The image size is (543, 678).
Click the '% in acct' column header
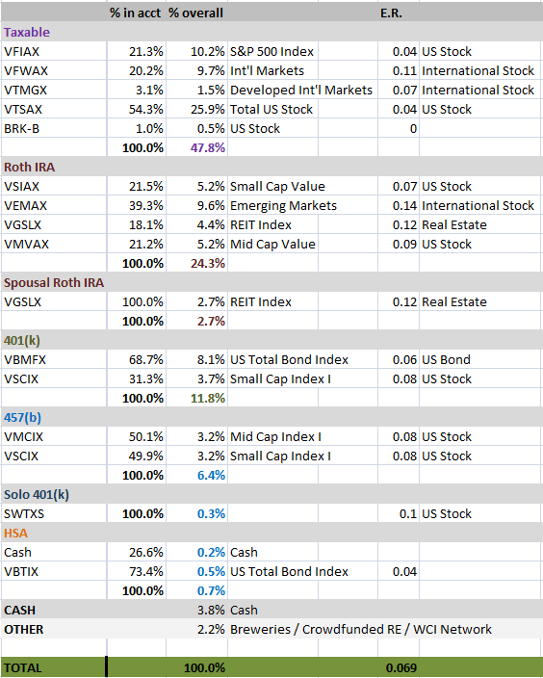pyautogui.click(x=135, y=13)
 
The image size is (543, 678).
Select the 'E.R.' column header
pyautogui.click(x=391, y=13)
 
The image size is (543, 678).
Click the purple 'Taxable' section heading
pyautogui.click(x=27, y=33)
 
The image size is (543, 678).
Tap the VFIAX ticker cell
pyautogui.click(x=21, y=51)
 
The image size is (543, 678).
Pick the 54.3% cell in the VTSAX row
pyautogui.click(x=146, y=110)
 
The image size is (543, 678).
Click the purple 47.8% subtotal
pyautogui.click(x=208, y=148)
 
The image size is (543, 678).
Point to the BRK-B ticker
pyautogui.click(x=21, y=129)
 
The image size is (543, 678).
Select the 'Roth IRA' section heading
pyautogui.click(x=30, y=168)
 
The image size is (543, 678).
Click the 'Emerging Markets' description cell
pyautogui.click(x=283, y=206)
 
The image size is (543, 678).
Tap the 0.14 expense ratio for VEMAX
pyautogui.click(x=404, y=206)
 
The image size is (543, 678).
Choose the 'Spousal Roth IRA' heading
pyautogui.click(x=54, y=283)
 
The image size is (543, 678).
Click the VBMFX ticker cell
pyautogui.click(x=25, y=360)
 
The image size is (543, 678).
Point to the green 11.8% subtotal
pyautogui.click(x=208, y=399)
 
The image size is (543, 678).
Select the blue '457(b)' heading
pyautogui.click(x=22, y=418)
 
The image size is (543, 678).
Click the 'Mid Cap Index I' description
pyautogui.click(x=275, y=436)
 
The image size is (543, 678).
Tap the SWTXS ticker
pyautogui.click(x=24, y=514)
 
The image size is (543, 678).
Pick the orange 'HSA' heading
pyautogui.click(x=16, y=534)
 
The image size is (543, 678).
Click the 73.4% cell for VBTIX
pyautogui.click(x=146, y=572)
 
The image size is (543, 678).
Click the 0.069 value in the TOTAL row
pyautogui.click(x=401, y=668)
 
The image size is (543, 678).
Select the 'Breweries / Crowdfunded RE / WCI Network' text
pyautogui.click(x=361, y=630)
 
